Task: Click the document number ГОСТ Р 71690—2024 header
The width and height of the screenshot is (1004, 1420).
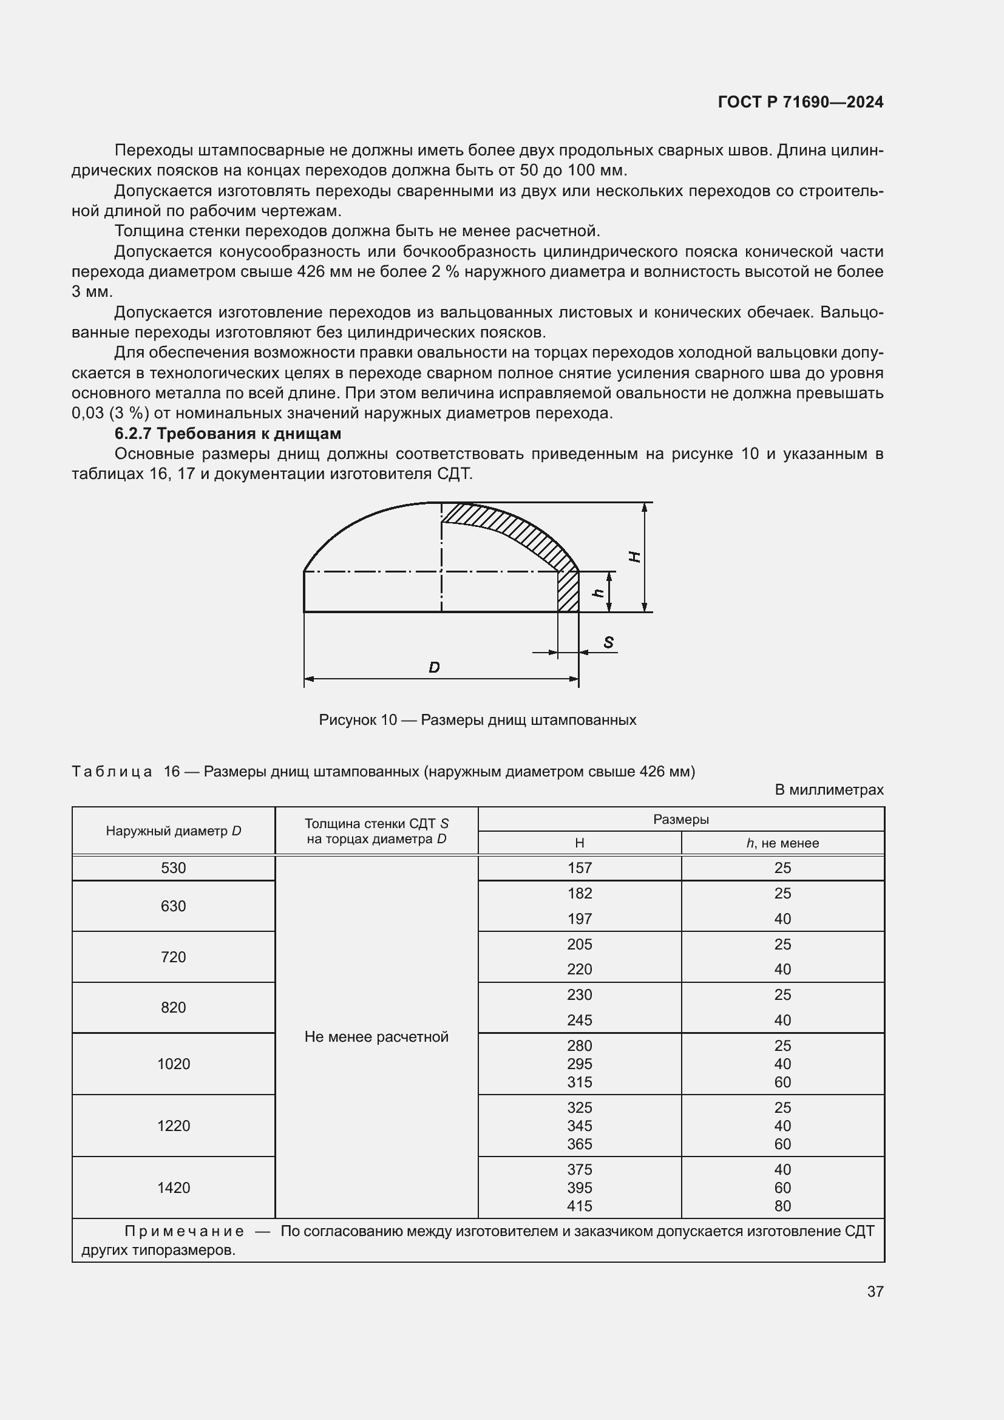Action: tap(800, 102)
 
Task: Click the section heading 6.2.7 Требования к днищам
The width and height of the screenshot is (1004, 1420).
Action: tap(228, 433)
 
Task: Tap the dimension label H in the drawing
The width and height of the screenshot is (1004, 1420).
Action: tap(634, 557)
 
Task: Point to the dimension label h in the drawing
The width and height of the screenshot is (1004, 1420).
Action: tap(597, 592)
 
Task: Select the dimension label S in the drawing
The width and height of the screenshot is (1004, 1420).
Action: tap(608, 642)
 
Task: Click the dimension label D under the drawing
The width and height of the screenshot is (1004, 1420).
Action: tap(434, 667)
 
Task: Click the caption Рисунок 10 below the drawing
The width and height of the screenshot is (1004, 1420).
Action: tap(477, 720)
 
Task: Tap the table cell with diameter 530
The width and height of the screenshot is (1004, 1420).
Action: tap(173, 868)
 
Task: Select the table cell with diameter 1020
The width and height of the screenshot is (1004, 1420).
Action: tap(173, 1064)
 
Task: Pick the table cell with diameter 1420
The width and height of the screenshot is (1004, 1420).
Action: tap(173, 1187)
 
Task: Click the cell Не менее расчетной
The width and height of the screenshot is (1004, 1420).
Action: tap(376, 1036)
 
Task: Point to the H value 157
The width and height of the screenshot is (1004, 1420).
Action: tap(579, 868)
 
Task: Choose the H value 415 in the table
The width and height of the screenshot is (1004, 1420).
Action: tap(579, 1206)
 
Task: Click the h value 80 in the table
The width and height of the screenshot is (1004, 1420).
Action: tap(782, 1206)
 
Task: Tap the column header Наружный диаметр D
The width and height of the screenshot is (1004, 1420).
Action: tap(173, 831)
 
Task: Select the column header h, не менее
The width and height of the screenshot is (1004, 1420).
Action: tap(782, 843)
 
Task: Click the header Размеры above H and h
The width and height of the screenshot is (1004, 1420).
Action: tap(680, 820)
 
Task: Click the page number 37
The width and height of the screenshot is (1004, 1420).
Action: tap(875, 1291)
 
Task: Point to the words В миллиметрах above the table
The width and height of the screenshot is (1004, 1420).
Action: tap(829, 790)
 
